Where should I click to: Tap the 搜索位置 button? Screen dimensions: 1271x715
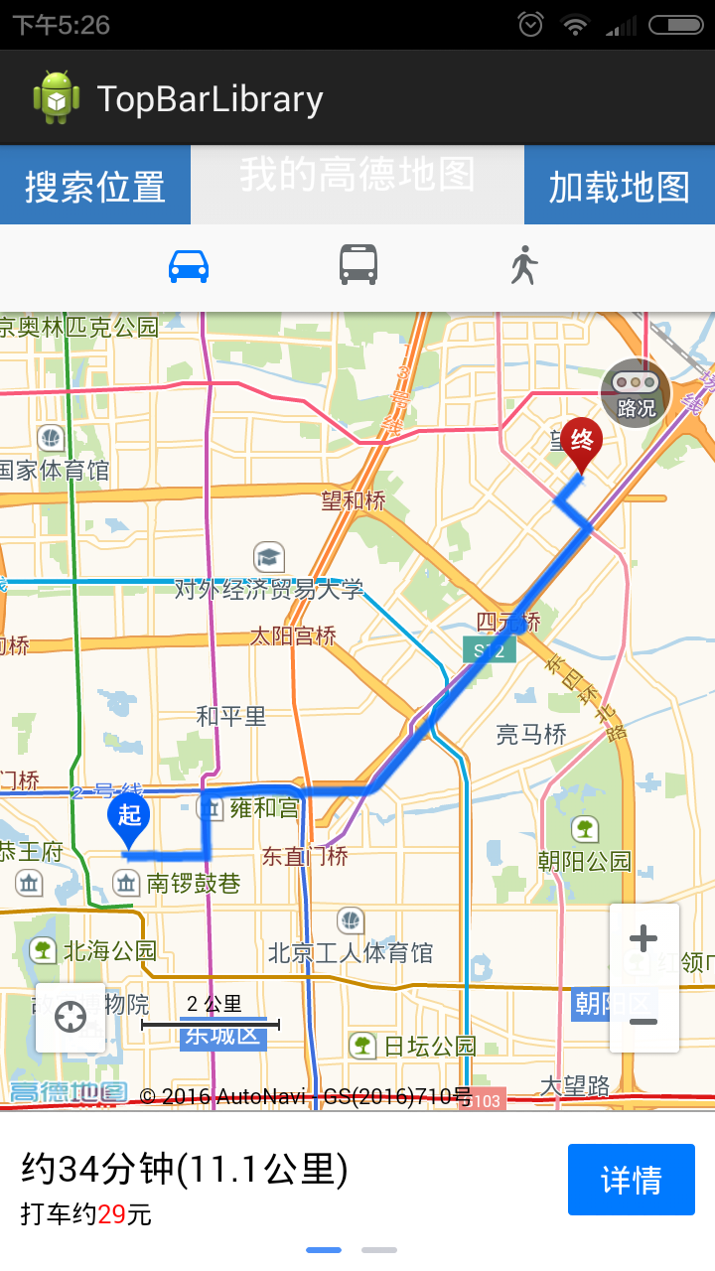pos(95,186)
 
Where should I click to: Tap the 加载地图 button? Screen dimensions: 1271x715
pos(620,186)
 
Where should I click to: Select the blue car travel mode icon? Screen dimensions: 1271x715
pos(189,266)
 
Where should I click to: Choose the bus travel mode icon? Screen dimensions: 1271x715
pos(358,266)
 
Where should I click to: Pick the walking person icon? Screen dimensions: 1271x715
pos(524,266)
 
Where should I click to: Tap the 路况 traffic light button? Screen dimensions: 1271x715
pos(636,393)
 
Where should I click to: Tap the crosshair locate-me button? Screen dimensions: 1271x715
pos(71,1018)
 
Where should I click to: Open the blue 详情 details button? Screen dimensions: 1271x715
pos(632,1180)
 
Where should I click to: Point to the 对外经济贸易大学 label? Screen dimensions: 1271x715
pos(268,589)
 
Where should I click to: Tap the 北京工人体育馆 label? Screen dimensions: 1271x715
pos(351,953)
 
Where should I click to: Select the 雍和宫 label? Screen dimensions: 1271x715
pos(264,808)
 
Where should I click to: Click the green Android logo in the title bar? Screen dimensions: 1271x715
pos(56,98)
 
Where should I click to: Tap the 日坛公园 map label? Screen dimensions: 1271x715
pos(430,1046)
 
